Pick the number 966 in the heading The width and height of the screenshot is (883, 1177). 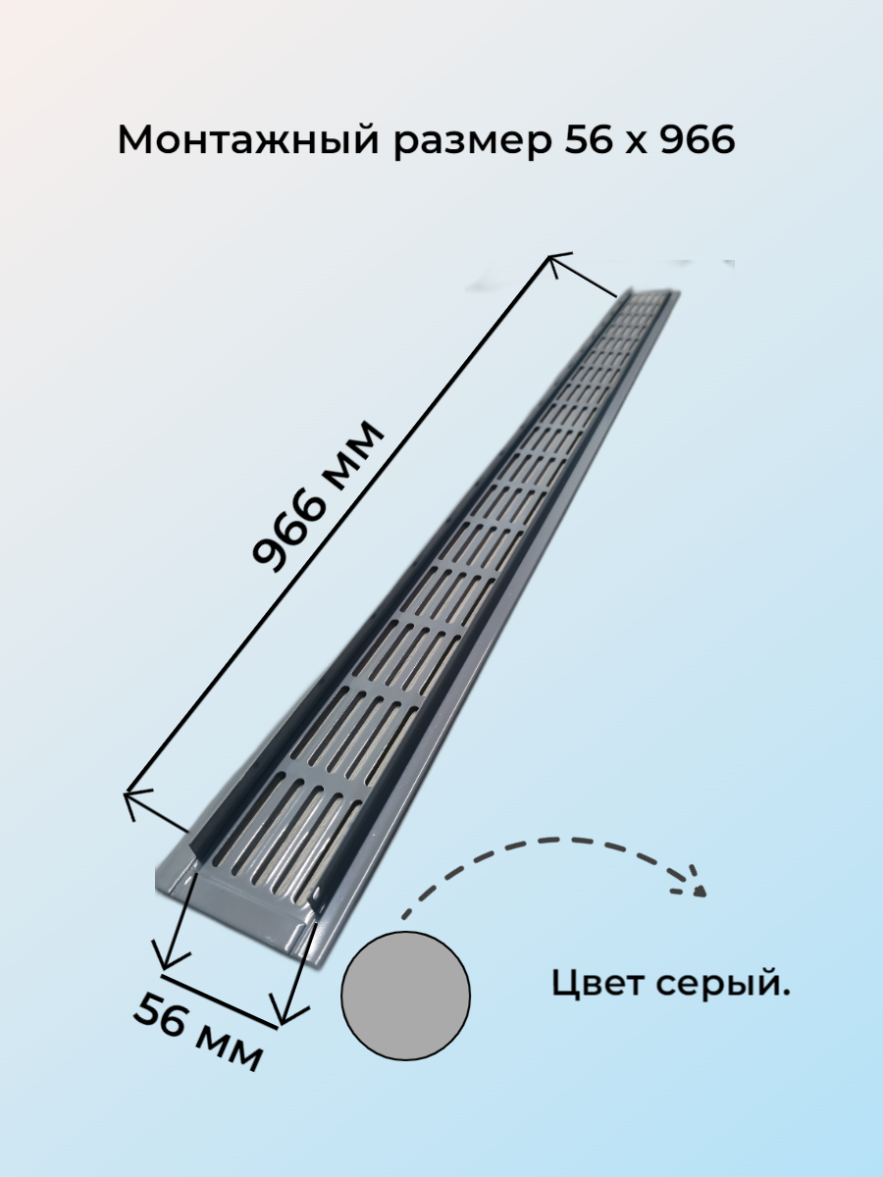point(697,141)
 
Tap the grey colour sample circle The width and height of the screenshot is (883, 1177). point(405,995)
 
